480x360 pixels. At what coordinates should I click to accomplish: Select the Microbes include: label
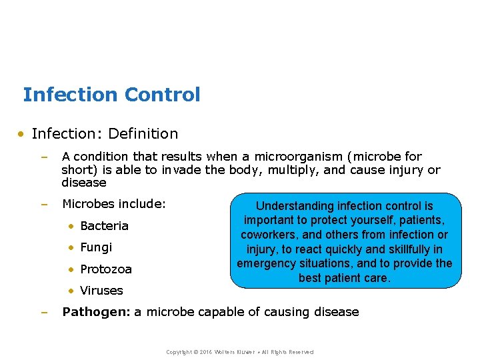point(113,203)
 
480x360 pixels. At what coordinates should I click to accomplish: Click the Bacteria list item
point(104,226)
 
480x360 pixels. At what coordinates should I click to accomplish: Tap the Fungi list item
point(96,247)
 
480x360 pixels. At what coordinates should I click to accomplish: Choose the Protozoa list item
point(105,269)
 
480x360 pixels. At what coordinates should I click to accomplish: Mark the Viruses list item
point(101,291)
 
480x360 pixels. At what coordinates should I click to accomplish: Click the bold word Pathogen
point(95,312)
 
